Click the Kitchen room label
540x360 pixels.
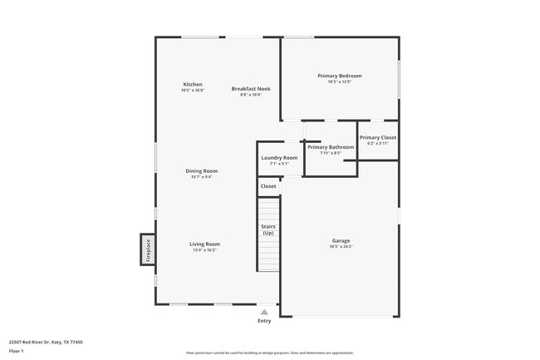tap(193, 84)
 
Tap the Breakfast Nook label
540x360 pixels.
tap(251, 88)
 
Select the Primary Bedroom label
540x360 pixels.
tap(339, 76)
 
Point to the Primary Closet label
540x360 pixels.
tap(378, 137)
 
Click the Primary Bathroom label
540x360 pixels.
tap(331, 147)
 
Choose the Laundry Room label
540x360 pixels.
tap(279, 157)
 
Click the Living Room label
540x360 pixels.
tap(204, 244)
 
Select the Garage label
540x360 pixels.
tap(341, 240)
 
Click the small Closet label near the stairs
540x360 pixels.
tap(268, 186)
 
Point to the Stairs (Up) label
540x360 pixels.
tap(268, 229)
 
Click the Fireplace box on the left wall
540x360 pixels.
tap(148, 249)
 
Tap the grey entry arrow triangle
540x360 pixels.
tap(264, 312)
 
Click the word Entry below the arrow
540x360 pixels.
tap(264, 321)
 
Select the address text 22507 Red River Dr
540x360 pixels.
tap(46, 342)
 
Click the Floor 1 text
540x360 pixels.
tap(17, 351)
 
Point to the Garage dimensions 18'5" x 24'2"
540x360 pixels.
tap(341, 247)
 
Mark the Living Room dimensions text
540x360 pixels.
tap(204, 250)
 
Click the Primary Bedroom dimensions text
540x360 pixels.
tap(339, 81)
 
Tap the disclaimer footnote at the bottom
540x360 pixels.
tap(269, 353)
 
